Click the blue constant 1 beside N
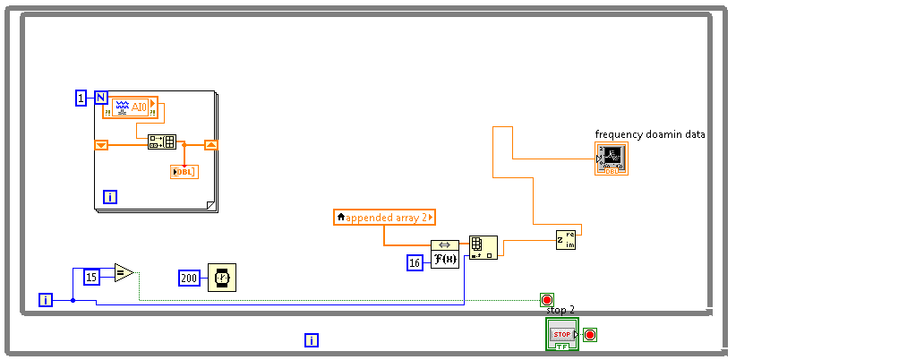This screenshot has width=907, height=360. (x=81, y=99)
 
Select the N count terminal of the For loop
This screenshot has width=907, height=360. (x=101, y=99)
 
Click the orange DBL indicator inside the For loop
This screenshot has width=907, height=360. (x=184, y=172)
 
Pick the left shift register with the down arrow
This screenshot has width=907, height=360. (x=101, y=144)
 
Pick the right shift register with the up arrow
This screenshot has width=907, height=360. (x=210, y=144)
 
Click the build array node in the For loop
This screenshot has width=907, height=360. (x=162, y=141)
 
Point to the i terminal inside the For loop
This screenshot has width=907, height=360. (x=110, y=197)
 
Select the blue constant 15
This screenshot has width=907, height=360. (x=91, y=277)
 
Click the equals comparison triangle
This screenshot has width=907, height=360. (x=124, y=272)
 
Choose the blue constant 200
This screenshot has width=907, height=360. (x=189, y=278)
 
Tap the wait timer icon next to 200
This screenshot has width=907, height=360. (x=221, y=278)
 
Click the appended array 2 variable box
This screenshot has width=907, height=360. (x=384, y=217)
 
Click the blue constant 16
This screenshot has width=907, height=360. (x=415, y=262)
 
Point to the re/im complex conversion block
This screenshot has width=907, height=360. (x=565, y=239)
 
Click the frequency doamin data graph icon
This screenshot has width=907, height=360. (x=611, y=159)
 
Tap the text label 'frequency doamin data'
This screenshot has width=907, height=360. (x=650, y=134)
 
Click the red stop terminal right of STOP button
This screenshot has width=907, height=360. (x=590, y=335)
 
